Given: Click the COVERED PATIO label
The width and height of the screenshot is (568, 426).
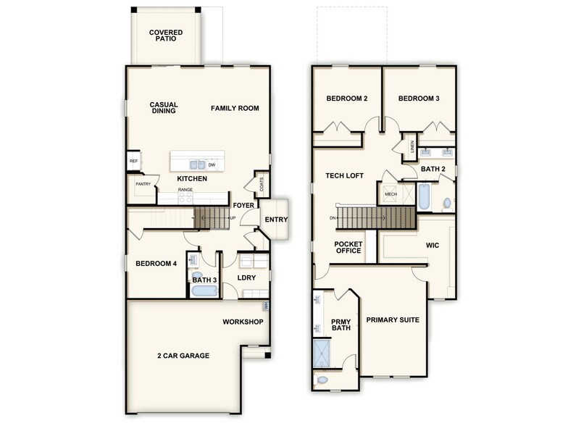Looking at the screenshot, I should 166,35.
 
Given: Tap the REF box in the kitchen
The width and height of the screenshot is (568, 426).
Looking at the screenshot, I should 133,162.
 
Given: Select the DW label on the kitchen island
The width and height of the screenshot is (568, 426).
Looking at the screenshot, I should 212,165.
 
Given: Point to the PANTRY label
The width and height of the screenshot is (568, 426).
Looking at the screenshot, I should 142,184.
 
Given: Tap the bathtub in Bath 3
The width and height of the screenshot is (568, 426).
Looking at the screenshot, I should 204,291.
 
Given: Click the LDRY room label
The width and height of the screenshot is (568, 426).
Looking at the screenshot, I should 247,277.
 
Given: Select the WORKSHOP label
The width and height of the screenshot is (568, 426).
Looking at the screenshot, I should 243,322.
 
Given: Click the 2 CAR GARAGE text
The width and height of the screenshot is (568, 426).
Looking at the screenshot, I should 183,356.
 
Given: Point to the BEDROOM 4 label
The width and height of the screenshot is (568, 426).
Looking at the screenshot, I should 156,264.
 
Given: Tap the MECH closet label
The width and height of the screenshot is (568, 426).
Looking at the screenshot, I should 390,194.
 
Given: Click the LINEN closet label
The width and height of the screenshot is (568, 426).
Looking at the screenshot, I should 412,147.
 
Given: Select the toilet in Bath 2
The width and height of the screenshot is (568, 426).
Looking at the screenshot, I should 446,203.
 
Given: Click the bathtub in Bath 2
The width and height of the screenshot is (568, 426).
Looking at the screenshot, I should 426,196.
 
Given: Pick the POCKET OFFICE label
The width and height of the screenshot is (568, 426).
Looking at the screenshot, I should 348,247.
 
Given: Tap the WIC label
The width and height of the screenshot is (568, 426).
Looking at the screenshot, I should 432,245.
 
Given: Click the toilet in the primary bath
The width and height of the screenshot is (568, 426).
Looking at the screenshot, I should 322,378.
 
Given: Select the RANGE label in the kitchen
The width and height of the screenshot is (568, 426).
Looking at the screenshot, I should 185,190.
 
